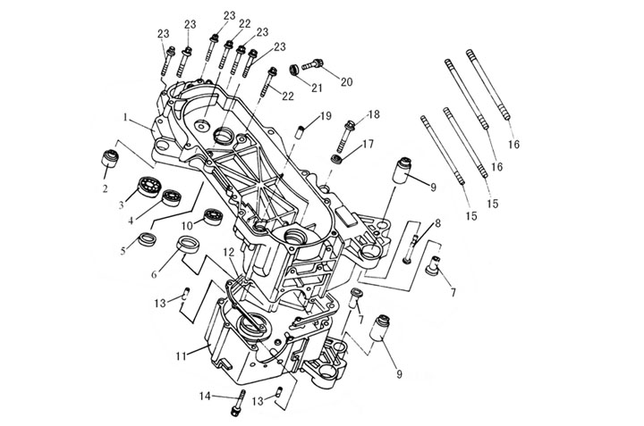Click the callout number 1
(x=127, y=117)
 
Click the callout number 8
(x=437, y=223)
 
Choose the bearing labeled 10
(x=213, y=216)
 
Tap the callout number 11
(x=180, y=356)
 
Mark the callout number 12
(x=230, y=254)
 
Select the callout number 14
(x=206, y=396)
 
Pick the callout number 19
(x=326, y=116)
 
